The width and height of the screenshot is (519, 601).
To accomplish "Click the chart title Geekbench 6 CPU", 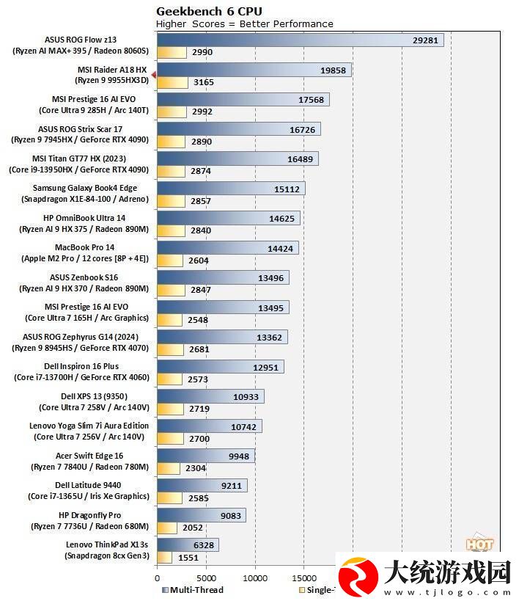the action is tap(209, 11).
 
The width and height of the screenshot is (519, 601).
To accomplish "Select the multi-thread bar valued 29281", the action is tap(301, 40).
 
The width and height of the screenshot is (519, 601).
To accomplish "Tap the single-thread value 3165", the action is tap(203, 82).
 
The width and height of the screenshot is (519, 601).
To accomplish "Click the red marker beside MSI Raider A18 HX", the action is tap(154, 75).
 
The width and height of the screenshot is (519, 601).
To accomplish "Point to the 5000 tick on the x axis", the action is tap(206, 578).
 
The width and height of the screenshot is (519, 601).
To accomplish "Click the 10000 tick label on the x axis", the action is tap(255, 578).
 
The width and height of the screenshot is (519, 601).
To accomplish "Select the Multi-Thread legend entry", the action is tap(193, 590).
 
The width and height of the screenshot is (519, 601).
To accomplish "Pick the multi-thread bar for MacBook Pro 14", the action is tap(227, 248).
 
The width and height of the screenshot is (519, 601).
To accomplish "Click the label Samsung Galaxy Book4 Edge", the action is tap(85, 188).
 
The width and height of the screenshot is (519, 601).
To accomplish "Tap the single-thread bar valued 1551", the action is tap(164, 557).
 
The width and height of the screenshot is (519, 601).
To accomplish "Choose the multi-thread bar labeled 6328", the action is tap(188, 544).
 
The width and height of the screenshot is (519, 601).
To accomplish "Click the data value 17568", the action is tap(311, 100).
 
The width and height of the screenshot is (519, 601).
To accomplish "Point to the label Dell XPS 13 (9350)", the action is tap(95, 396).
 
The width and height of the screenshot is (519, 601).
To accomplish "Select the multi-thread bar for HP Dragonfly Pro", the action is tap(202, 515).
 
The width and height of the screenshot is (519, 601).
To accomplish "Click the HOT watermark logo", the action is tap(479, 543).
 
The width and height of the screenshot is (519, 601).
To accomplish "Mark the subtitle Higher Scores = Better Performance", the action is tap(244, 23).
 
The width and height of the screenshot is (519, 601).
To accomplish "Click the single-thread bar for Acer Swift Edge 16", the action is tap(169, 468).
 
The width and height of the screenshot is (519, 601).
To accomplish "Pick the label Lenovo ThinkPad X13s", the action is tap(107, 544).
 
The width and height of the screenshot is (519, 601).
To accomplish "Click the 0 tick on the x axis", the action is tap(157, 578).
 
